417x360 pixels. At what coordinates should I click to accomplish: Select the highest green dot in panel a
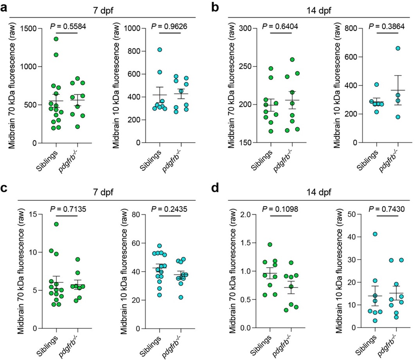(56, 39)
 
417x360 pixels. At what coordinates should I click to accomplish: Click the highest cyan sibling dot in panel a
(160, 50)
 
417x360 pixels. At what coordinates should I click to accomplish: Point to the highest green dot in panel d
(270, 245)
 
